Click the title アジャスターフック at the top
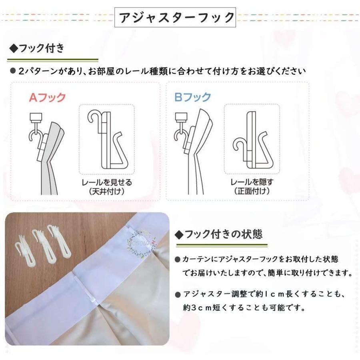tap(176, 17)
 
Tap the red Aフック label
tap(47, 97)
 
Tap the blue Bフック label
tap(192, 97)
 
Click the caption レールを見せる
tap(106, 182)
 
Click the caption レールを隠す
tap(252, 182)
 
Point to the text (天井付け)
tap(106, 191)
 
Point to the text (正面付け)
tap(252, 191)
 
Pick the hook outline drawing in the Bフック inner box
tap(251, 140)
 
